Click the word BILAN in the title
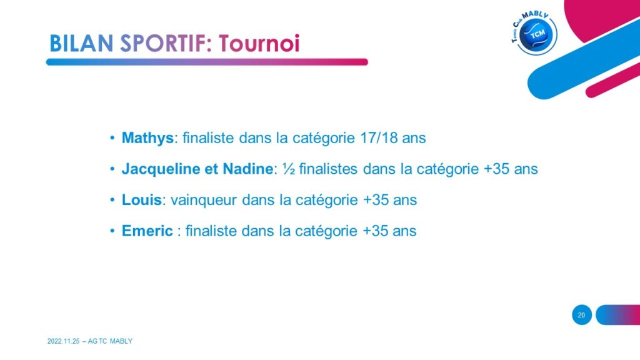(81, 44)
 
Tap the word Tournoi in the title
(259, 44)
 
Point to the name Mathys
(147, 138)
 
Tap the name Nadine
(247, 169)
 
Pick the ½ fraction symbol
(289, 169)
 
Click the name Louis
(142, 200)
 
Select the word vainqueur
(204, 201)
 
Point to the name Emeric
(147, 231)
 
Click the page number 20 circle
(582, 315)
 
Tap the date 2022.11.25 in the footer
(63, 341)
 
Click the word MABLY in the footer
(121, 341)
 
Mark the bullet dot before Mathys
(112, 138)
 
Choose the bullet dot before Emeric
(112, 231)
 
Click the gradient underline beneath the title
(207, 62)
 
